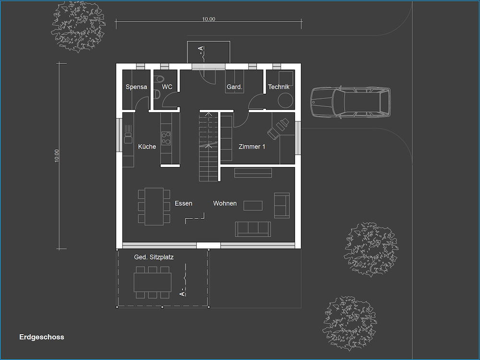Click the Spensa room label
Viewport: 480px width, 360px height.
[136, 87]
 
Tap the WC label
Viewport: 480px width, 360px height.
[167, 87]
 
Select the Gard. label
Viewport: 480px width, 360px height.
[235, 87]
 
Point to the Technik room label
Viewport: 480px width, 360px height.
[278, 87]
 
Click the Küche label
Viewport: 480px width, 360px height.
[147, 146]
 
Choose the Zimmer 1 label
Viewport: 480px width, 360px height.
[252, 146]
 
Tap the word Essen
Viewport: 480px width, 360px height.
[183, 203]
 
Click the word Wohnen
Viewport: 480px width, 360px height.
[225, 203]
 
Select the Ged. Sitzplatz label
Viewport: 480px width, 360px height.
[154, 257]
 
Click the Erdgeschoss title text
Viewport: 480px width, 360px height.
[42, 337]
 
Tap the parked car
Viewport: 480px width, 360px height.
[350, 102]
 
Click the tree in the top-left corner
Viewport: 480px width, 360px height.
[78, 26]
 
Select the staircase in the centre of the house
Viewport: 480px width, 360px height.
[208, 147]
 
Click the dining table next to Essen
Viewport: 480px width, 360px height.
[154, 206]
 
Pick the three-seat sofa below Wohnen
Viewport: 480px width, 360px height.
[253, 229]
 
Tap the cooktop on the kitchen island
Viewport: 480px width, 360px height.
[166, 138]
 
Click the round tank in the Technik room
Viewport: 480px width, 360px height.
[285, 101]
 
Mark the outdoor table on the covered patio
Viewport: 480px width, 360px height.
[153, 282]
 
